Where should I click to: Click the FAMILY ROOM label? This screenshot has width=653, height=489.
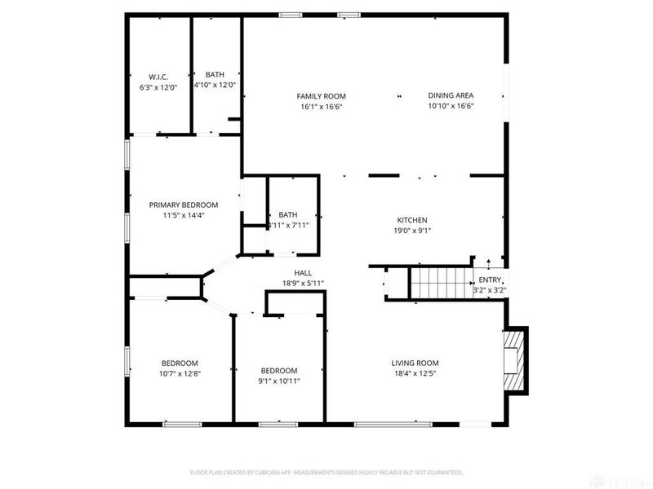point(321,96)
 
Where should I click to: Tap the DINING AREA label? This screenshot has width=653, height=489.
point(451,96)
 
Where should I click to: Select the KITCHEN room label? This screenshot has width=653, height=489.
point(412,220)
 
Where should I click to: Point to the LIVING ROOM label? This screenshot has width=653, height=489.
point(415,363)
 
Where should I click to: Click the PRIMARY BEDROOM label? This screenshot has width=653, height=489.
point(183,205)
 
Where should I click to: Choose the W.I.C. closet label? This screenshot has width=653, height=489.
point(158,77)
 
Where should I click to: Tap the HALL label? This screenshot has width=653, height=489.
point(303,273)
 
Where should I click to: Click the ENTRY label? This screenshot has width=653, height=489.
point(490,280)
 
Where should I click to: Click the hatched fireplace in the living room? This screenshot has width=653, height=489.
point(516,361)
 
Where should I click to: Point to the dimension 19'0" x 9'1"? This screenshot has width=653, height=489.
point(412,231)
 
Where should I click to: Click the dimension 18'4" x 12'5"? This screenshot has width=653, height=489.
point(415,374)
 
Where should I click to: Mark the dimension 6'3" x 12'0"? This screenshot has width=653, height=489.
point(158,87)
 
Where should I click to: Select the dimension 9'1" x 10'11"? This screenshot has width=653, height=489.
point(278,381)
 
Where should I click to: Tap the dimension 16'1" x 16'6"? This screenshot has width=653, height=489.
point(321,107)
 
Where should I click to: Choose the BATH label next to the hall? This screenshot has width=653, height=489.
point(287,215)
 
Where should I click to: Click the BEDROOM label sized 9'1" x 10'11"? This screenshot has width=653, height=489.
point(278,370)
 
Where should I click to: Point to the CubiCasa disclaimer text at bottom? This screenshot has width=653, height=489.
point(326,472)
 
